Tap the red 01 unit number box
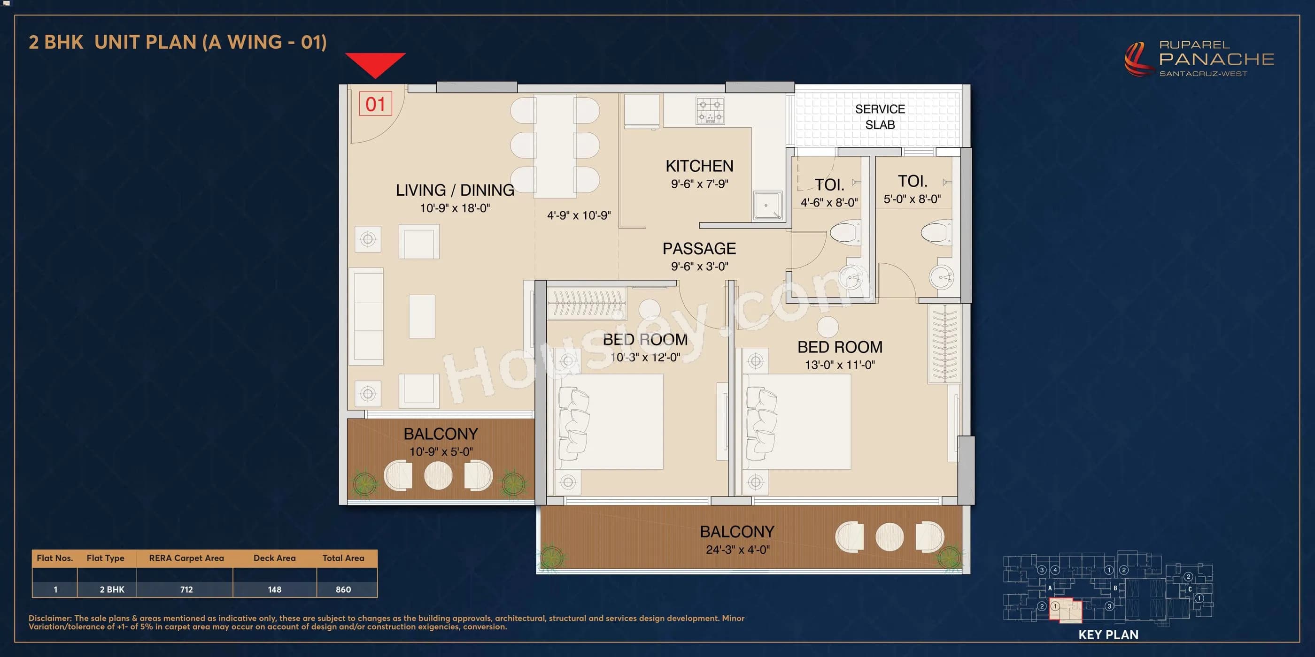coord(375,104)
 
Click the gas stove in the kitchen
coord(710,111)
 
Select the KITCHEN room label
coord(699,166)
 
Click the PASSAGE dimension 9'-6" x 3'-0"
coord(699,266)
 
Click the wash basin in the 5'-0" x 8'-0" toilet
coord(941,277)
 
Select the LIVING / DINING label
coord(454,190)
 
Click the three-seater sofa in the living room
coord(366,316)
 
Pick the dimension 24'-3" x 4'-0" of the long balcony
coord(737,550)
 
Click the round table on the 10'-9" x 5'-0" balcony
coord(438,475)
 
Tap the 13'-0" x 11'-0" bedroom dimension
coord(839,365)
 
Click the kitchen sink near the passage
coord(767,205)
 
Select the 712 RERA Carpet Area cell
coord(186,589)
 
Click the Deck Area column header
coord(274,558)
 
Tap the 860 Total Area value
coord(343,589)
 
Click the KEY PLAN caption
coord(1108,634)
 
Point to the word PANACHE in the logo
coord(1216,59)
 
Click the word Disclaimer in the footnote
coord(49,618)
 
